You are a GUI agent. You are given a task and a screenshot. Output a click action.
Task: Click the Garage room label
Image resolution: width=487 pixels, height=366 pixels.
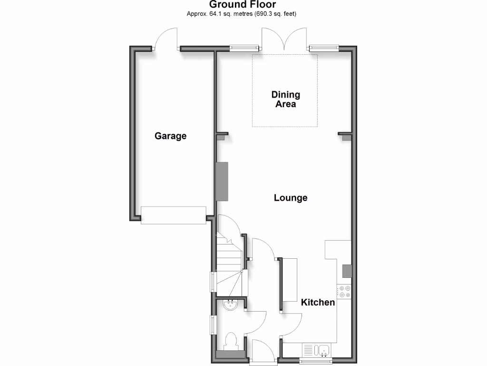point(170,136)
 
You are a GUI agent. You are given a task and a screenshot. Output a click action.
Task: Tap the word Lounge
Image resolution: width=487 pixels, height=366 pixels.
point(291,198)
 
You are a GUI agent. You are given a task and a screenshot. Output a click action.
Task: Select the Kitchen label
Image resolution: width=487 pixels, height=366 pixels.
point(318,302)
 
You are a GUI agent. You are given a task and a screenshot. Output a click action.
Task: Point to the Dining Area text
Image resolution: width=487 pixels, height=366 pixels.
point(285,99)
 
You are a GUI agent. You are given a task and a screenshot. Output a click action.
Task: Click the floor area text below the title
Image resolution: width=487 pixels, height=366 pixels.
point(242,14)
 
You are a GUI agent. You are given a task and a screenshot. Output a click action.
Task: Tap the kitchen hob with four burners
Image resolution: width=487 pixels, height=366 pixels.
point(344,291)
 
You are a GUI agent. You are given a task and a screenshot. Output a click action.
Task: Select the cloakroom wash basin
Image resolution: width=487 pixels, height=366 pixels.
point(231,305)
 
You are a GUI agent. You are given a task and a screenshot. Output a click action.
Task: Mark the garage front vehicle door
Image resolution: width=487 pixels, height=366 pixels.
point(174,215)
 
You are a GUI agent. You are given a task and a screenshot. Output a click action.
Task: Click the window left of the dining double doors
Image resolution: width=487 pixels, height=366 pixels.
point(244,47)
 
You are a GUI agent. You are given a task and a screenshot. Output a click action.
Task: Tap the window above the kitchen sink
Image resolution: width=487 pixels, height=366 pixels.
point(315,361)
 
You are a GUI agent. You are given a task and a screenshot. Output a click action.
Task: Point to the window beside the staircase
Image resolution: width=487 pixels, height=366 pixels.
point(213,282)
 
